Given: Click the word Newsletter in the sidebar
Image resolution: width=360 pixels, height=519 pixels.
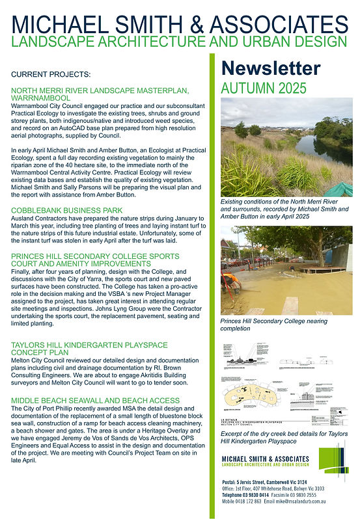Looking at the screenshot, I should (271, 68).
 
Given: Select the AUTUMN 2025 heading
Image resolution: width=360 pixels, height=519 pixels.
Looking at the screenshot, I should (260, 87).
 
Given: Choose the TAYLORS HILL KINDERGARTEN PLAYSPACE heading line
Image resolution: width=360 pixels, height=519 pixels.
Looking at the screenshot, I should (89, 344).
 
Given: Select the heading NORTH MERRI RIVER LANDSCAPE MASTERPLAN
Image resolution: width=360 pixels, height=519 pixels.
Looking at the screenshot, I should (100, 90).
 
